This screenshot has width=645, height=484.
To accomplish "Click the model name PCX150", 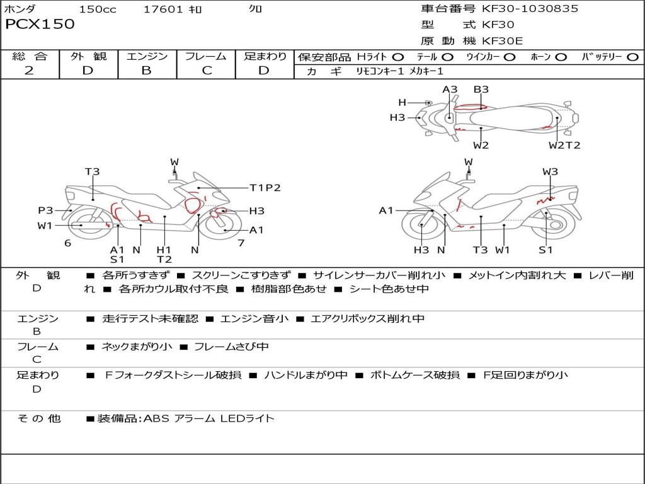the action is click(x=40, y=25).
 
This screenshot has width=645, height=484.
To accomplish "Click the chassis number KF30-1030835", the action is click(x=530, y=9).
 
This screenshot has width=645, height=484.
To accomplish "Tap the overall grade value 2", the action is click(x=29, y=71).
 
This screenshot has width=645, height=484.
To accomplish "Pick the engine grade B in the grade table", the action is click(x=146, y=71).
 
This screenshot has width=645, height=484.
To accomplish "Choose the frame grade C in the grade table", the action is click(x=207, y=71).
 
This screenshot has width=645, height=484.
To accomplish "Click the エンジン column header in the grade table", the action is click(x=147, y=57).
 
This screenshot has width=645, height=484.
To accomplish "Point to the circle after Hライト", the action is click(x=398, y=57).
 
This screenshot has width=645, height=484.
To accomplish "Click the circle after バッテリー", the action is click(x=632, y=57).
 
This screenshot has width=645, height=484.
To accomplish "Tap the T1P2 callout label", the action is click(x=265, y=188).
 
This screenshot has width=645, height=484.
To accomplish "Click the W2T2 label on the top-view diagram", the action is click(x=564, y=146).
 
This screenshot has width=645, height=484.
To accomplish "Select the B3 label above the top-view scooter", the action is click(x=481, y=89).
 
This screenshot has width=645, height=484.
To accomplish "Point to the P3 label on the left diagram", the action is click(x=45, y=210).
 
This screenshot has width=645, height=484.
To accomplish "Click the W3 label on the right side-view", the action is click(x=550, y=171).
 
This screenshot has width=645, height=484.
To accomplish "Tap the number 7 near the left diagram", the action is click(x=241, y=243).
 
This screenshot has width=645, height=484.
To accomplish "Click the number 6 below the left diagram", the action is click(x=67, y=243).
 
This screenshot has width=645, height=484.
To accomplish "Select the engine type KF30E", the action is click(x=502, y=41).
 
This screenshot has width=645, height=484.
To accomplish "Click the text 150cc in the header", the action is click(x=98, y=9).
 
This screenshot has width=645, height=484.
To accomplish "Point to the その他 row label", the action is click(x=38, y=418).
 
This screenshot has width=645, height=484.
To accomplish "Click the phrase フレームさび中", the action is click(x=231, y=347).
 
